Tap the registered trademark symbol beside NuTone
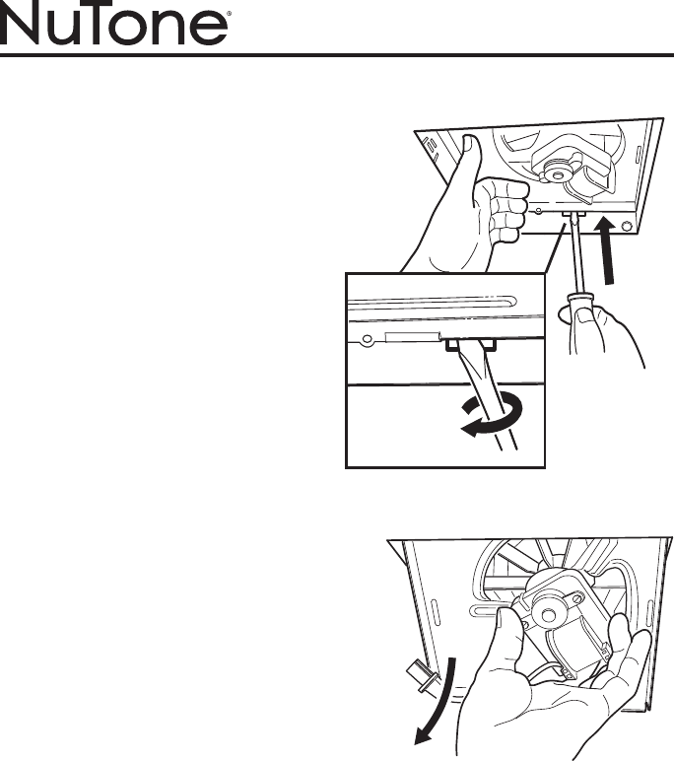[x=229, y=15]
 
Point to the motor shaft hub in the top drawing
[x=556, y=173]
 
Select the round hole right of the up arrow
[x=627, y=226]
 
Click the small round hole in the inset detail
[x=367, y=338]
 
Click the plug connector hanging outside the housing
[x=418, y=675]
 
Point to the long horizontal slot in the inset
[x=432, y=301]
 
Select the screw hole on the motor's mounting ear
[x=578, y=597]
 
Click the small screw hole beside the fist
[x=538, y=212]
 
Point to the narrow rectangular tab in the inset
[x=413, y=336]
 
